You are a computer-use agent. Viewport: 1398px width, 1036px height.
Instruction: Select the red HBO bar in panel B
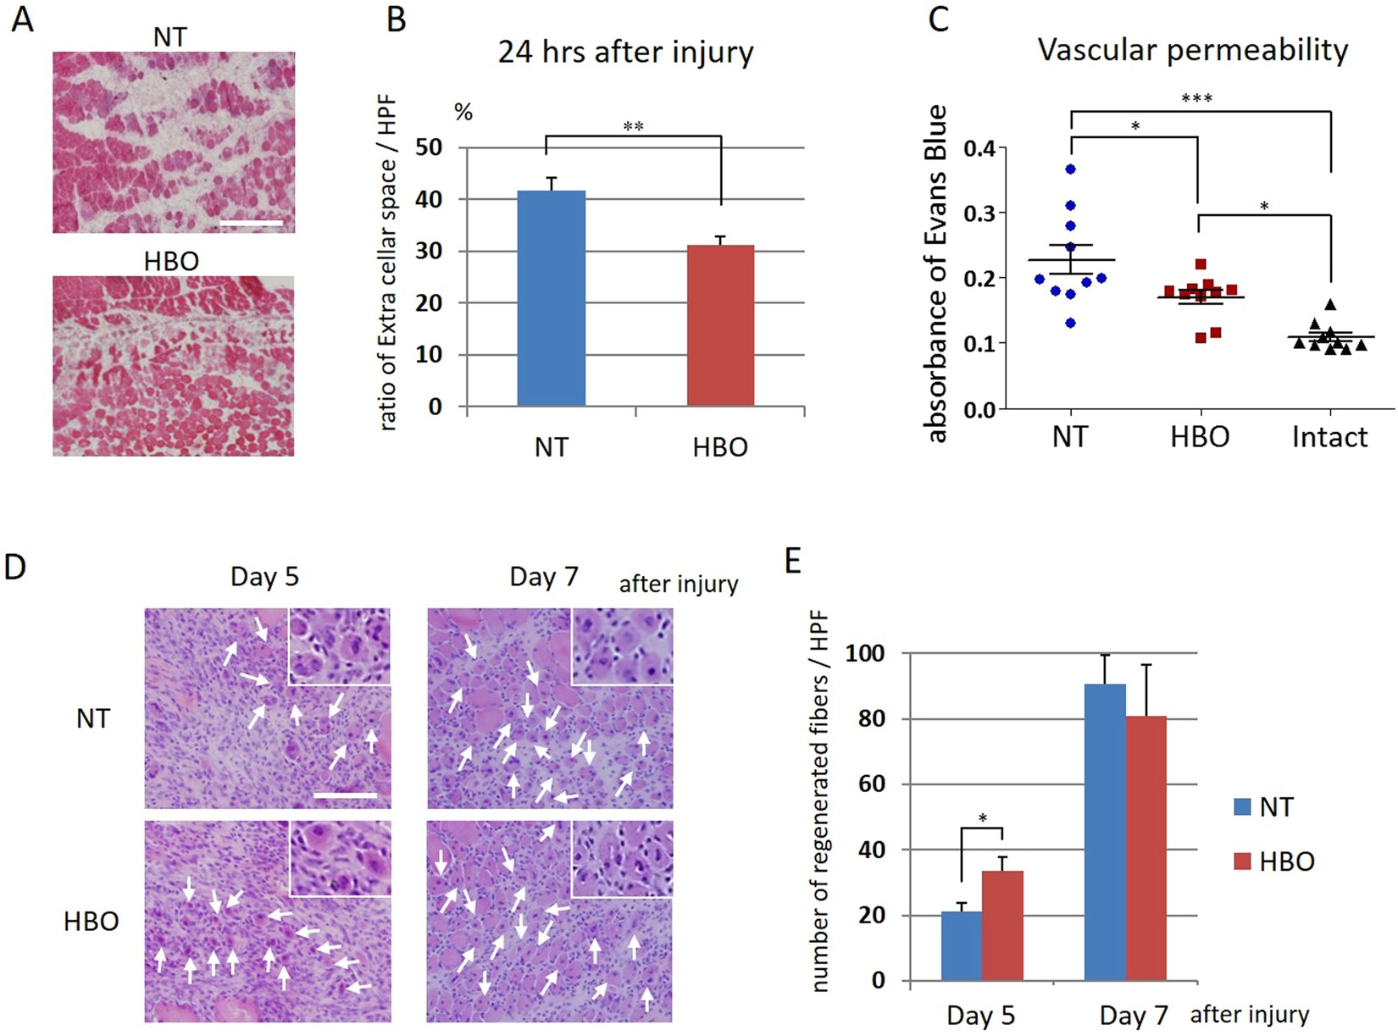tap(720, 326)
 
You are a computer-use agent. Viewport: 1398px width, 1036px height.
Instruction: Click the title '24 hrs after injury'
tap(625, 53)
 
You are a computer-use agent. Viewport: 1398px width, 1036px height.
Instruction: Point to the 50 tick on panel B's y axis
tap(430, 147)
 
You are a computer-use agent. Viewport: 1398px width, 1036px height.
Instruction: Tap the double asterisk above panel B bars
tap(633, 127)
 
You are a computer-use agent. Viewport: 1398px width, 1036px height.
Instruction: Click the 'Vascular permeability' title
tap(1193, 50)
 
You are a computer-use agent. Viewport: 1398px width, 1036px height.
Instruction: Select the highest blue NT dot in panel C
tap(1071, 169)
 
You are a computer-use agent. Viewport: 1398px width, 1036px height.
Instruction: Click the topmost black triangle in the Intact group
tap(1330, 304)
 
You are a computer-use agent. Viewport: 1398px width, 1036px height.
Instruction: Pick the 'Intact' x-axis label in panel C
tap(1329, 437)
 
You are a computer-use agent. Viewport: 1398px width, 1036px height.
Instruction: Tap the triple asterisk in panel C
tap(1196, 99)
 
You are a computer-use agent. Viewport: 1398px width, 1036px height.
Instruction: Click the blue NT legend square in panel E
tap(1243, 806)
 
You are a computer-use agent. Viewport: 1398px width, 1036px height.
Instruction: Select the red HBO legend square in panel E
tap(1243, 862)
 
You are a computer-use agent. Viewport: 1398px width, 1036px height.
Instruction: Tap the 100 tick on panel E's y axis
tap(866, 653)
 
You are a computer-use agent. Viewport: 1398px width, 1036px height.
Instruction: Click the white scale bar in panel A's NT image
tap(255, 224)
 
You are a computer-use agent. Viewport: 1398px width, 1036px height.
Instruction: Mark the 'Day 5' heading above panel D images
tap(264, 578)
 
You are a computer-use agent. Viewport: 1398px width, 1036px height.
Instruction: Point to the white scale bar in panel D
tap(345, 795)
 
